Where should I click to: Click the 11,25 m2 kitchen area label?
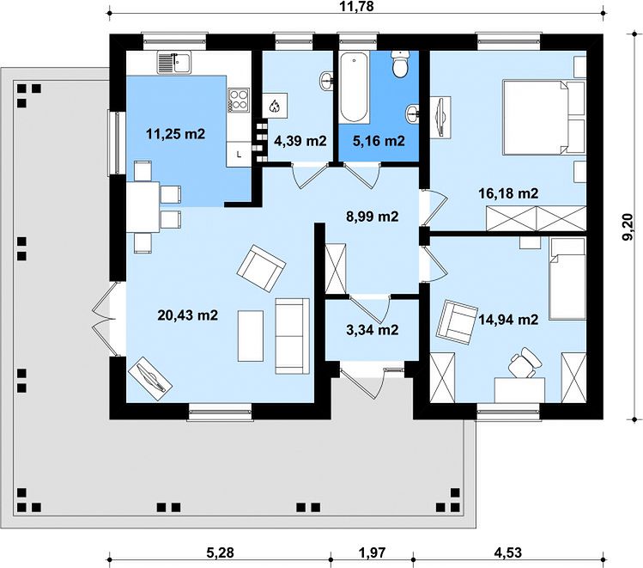click(x=175, y=134)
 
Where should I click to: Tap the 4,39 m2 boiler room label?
click(x=300, y=141)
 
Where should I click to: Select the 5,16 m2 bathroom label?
click(x=379, y=141)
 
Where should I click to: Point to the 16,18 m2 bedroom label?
click(x=508, y=192)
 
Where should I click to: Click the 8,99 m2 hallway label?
click(x=373, y=217)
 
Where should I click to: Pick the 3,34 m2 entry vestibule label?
click(x=373, y=330)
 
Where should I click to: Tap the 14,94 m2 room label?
click(x=508, y=319)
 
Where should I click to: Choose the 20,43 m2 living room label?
click(x=188, y=315)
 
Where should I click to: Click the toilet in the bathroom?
click(x=399, y=64)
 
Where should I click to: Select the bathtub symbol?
click(x=355, y=87)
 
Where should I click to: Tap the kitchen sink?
click(x=174, y=63)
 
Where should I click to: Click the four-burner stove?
click(x=239, y=100)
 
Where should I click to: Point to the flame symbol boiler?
click(x=275, y=107)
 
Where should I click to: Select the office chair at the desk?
click(x=524, y=362)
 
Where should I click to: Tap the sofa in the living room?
click(x=292, y=336)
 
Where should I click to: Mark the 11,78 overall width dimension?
click(x=357, y=6)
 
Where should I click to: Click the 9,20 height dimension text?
click(x=628, y=229)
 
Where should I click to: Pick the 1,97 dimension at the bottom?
click(x=373, y=553)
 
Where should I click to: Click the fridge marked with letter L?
click(x=239, y=155)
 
